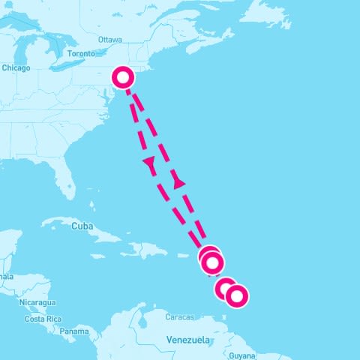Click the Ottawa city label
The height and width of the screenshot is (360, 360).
(x=109, y=39)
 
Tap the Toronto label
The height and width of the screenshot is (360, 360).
(x=81, y=54)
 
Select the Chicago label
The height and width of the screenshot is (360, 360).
(x=16, y=68)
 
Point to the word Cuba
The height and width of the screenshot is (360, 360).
(x=81, y=225)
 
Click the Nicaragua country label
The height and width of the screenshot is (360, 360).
(x=37, y=302)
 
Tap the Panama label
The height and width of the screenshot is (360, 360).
(x=74, y=331)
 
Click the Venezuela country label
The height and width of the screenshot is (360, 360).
(x=187, y=340)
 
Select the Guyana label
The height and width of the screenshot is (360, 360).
(x=243, y=355)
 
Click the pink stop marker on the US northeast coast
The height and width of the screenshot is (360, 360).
(x=123, y=76)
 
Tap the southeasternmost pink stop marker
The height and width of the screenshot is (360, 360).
(x=236, y=296)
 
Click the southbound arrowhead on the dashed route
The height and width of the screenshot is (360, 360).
(x=148, y=163)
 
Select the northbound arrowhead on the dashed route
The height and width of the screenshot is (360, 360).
(x=178, y=181)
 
